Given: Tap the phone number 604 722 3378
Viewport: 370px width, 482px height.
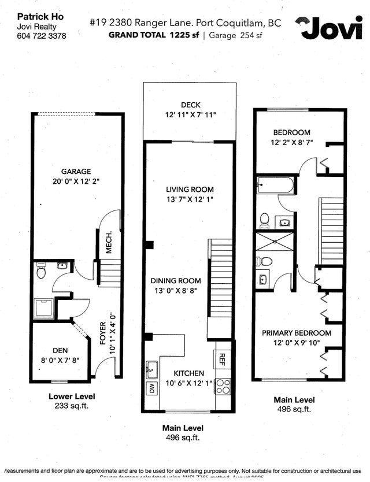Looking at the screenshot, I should point(42,36).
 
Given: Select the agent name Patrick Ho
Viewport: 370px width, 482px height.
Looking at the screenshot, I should point(40,17).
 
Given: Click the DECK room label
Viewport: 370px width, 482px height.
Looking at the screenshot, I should point(190,105).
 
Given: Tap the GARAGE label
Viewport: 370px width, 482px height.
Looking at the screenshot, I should point(76,172).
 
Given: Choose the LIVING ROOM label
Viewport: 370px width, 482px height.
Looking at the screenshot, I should point(190,190).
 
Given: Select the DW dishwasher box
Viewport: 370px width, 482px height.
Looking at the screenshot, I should point(152,388).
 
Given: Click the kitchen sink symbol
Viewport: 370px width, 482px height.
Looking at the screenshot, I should point(152,367).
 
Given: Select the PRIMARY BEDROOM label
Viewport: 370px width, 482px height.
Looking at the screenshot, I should point(296,333).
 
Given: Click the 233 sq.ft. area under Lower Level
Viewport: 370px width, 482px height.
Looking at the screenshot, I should point(72,406).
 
